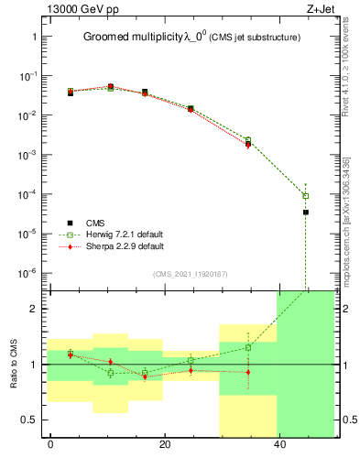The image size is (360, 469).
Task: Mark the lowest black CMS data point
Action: (306, 213)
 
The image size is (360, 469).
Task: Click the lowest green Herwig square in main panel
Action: (306, 196)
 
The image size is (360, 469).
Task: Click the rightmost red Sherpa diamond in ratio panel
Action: (247, 372)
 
